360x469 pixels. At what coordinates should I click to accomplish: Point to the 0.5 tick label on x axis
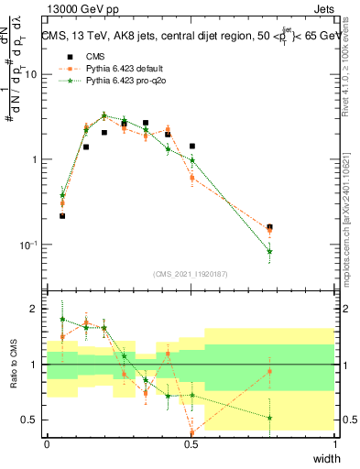[191, 444]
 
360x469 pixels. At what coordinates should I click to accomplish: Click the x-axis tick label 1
[334, 444]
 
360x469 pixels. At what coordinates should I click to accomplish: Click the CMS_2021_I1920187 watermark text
[191, 273]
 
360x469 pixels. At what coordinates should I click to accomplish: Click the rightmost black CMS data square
[269, 226]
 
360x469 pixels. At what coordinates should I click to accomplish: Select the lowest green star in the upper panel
[269, 251]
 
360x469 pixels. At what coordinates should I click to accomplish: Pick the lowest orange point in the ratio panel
[192, 432]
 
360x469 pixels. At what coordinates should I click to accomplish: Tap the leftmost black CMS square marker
[62, 216]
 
